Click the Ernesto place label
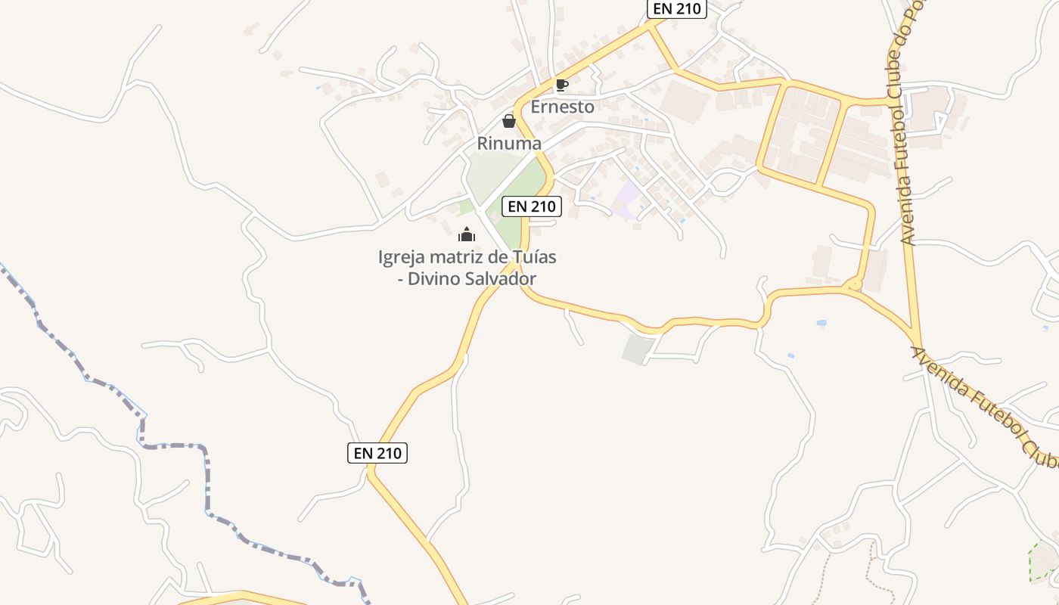[x=562, y=107]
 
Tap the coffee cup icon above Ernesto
[x=561, y=85]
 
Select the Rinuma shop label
[x=509, y=143]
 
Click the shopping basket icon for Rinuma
[x=509, y=121]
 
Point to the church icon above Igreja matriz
[x=467, y=234]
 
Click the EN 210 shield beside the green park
[x=531, y=206]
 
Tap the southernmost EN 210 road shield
[x=377, y=453]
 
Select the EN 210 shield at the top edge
[x=676, y=9]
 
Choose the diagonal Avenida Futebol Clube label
[x=983, y=405]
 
